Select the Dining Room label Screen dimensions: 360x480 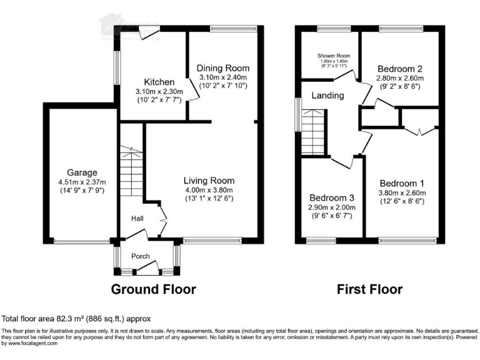point(223,68)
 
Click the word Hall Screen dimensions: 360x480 point(138,219)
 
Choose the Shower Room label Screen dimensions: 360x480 point(333,56)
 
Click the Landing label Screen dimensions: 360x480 point(327,96)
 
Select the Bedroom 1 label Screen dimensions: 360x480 point(402,183)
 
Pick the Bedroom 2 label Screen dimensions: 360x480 point(400,69)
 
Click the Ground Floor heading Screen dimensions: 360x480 point(153,289)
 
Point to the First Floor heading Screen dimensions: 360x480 point(369,289)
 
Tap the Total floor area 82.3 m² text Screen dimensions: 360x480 point(76,318)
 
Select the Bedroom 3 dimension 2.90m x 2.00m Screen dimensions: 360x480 point(331,207)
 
